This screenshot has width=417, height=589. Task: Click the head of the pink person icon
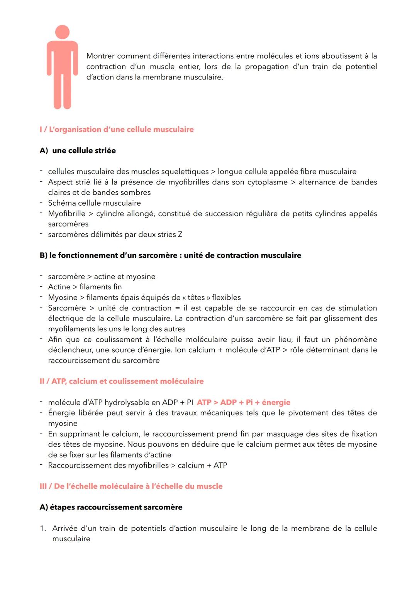click(x=62, y=32)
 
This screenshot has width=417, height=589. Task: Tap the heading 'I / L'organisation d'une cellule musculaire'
click(x=117, y=130)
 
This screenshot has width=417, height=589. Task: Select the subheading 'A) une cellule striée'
click(x=78, y=150)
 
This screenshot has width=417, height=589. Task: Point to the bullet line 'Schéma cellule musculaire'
click(x=94, y=203)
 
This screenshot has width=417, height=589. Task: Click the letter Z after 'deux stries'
click(x=180, y=235)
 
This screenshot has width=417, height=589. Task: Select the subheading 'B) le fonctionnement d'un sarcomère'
click(x=170, y=255)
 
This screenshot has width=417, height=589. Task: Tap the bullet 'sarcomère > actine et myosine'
click(x=102, y=277)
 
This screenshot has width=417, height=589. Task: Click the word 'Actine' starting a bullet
click(x=59, y=287)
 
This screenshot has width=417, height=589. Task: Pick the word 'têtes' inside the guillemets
click(x=196, y=297)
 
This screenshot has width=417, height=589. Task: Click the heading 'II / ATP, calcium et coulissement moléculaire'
click(x=122, y=381)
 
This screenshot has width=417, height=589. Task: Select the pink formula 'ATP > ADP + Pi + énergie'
click(x=243, y=402)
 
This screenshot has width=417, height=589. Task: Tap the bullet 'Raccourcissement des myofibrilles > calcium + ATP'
click(x=137, y=466)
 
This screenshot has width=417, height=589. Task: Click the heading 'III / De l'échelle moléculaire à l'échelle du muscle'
click(x=131, y=486)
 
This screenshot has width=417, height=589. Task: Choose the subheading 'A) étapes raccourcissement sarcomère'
click(x=111, y=507)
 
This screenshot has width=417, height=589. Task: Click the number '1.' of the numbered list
click(x=43, y=528)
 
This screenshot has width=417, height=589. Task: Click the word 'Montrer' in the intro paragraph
click(x=100, y=56)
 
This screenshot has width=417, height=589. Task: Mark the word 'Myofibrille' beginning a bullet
click(x=66, y=214)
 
